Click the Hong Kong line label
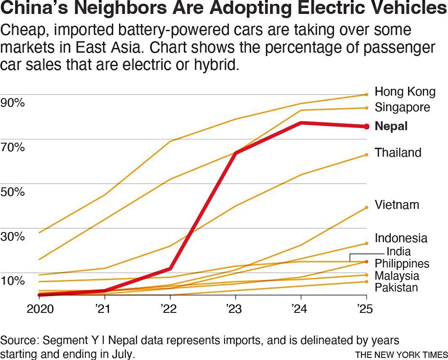405,92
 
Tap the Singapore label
402,107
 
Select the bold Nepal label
391,126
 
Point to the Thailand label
398,152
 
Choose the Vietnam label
397,205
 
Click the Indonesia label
401,238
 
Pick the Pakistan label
396,288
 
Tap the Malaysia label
397,276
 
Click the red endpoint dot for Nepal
366,126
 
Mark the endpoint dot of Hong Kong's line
366,95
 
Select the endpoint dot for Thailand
366,155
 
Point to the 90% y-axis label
12,103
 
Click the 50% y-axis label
12,192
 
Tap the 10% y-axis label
12,280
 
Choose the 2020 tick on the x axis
40,309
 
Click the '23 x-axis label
234,309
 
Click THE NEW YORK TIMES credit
401,354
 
